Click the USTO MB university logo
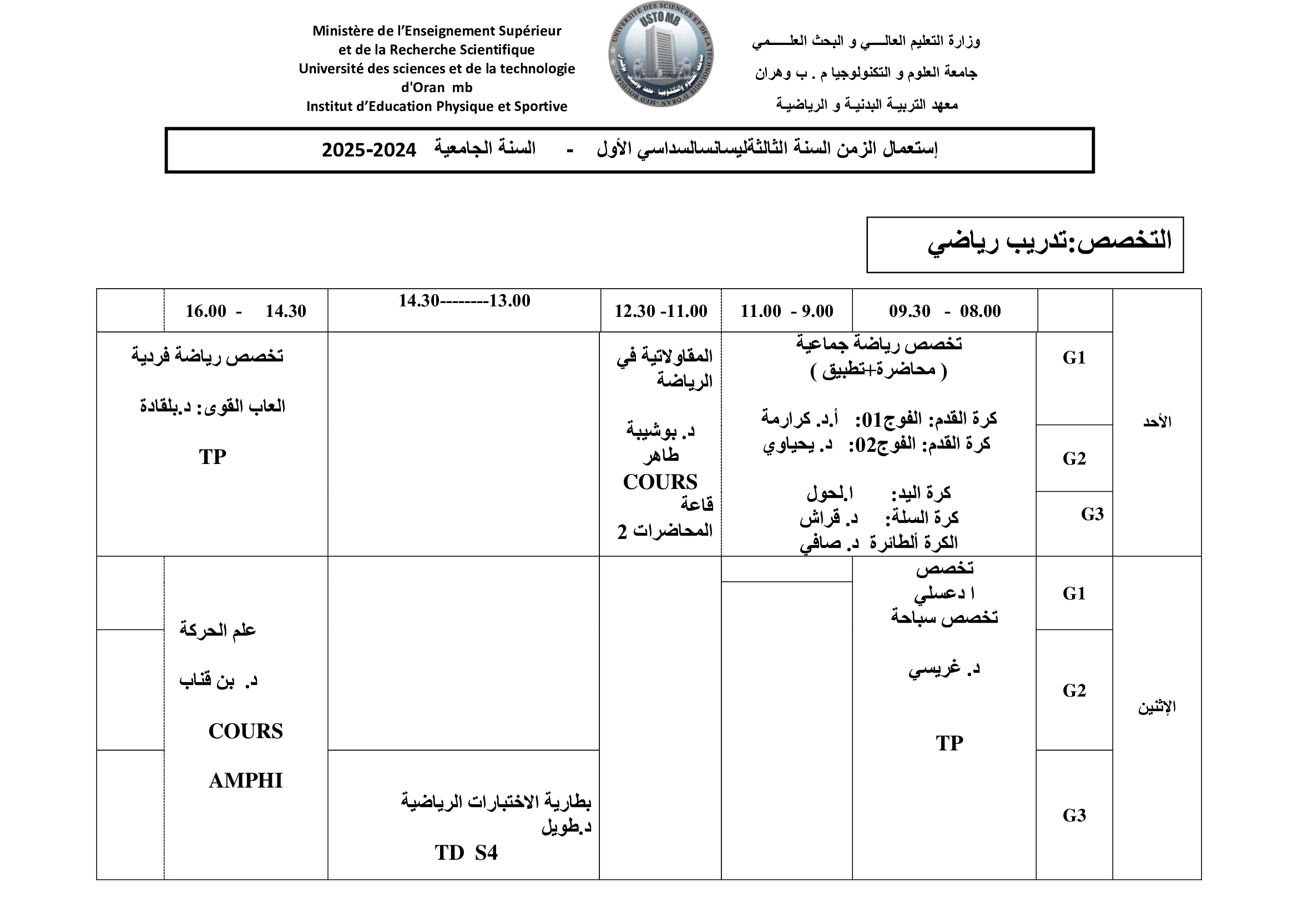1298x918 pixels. tap(660, 55)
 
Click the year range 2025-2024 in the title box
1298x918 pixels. tap(368, 150)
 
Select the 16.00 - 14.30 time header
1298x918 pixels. tap(246, 311)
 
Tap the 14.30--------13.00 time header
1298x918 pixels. tap(464, 301)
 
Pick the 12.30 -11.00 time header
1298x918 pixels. tap(660, 311)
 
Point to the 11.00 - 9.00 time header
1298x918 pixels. tap(786, 311)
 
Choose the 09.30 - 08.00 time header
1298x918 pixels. tap(944, 311)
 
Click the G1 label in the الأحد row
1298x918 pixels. tap(1074, 358)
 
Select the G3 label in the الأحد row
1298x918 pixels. tap(1092, 515)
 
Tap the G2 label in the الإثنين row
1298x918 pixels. tap(1074, 690)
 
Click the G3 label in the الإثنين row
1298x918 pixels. tap(1074, 815)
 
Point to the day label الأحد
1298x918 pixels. tap(1156, 422)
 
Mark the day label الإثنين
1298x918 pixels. tap(1156, 707)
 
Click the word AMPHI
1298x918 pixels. tap(245, 781)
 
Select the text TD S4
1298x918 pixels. tap(466, 853)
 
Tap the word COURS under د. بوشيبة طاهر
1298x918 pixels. tap(660, 482)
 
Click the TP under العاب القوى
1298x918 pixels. tap(213, 457)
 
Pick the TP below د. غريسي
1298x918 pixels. tap(949, 743)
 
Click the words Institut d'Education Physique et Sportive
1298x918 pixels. tap(436, 106)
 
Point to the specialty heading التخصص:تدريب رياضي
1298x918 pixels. tap(1049, 241)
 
